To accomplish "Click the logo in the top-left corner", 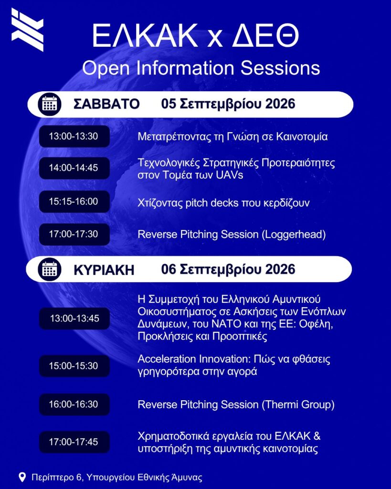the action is (x=27, y=30).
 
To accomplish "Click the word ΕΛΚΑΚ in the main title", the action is (x=145, y=35).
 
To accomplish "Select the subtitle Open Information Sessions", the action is (x=201, y=68).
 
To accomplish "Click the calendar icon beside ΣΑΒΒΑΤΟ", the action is (x=50, y=104).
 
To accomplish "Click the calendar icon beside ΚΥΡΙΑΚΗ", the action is (x=50, y=269).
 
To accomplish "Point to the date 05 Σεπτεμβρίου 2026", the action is (x=228, y=104).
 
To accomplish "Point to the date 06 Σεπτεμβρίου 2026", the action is (x=228, y=269).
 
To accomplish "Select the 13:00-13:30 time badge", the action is (x=74, y=136).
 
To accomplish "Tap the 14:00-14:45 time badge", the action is (x=74, y=168).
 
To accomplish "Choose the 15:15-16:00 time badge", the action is (x=74, y=202).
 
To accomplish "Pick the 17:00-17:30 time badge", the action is (x=74, y=234).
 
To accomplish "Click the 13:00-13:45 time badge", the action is (x=74, y=319).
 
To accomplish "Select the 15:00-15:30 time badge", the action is (x=74, y=366).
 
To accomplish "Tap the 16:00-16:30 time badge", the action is (x=74, y=404).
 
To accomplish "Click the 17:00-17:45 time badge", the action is (x=74, y=442).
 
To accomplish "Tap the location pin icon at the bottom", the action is (x=22, y=478).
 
